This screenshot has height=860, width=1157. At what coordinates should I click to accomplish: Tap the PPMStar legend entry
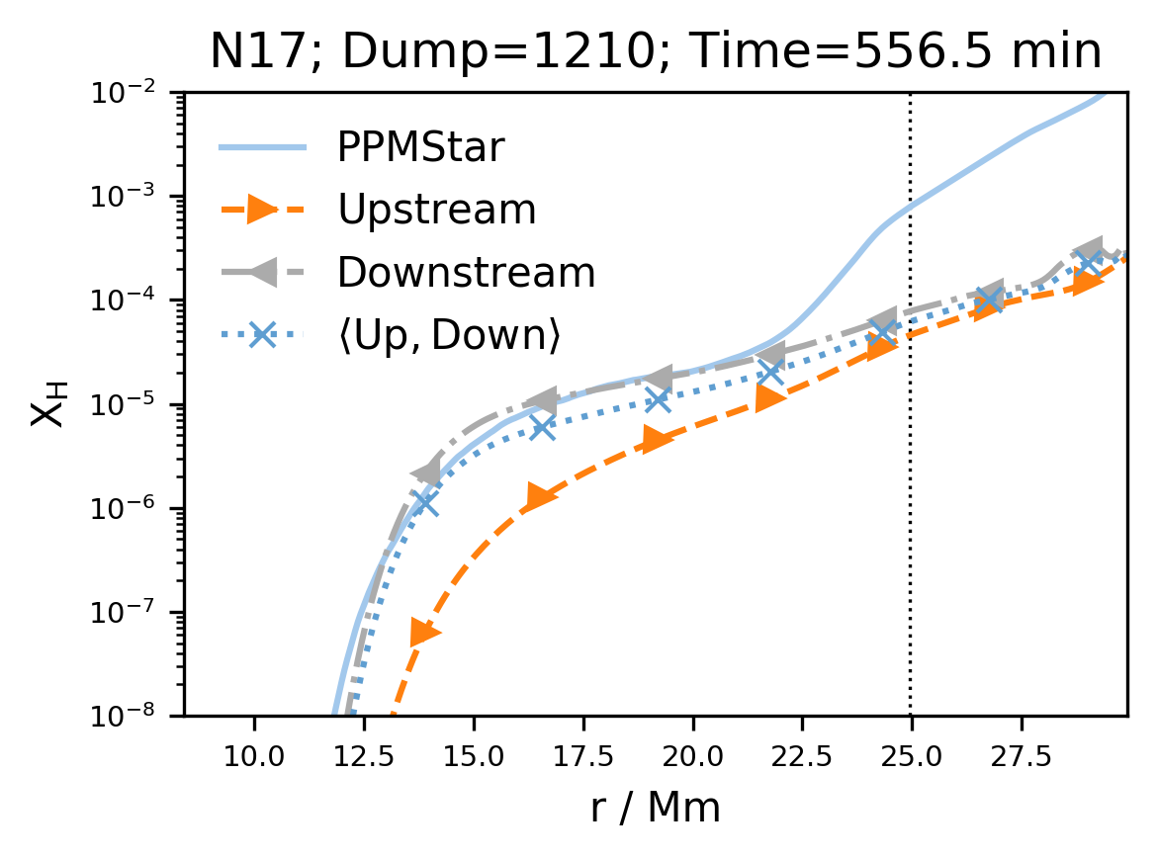pyautogui.click(x=420, y=148)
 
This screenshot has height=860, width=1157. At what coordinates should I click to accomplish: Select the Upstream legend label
pyautogui.click(x=436, y=210)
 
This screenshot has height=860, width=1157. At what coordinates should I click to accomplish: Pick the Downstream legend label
pyautogui.click(x=466, y=273)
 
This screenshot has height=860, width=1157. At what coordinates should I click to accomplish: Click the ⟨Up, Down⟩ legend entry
pyautogui.click(x=449, y=336)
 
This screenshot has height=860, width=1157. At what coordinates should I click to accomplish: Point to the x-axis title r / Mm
pyautogui.click(x=655, y=808)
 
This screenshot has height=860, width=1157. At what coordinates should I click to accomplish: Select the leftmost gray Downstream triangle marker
pyautogui.click(x=426, y=473)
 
